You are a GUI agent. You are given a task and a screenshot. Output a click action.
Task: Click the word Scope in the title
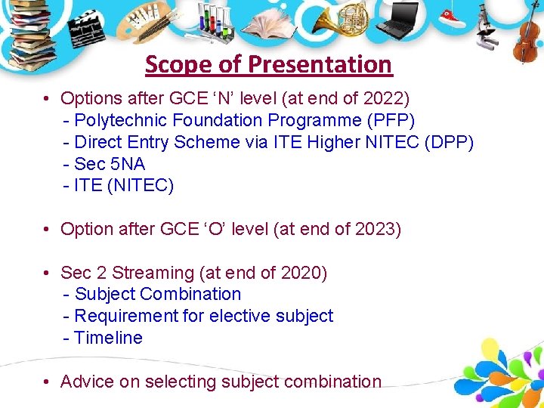[x=178, y=65]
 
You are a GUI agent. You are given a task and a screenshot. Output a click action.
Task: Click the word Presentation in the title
[x=320, y=64]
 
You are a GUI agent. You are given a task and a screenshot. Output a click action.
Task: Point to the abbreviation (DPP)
[x=449, y=142]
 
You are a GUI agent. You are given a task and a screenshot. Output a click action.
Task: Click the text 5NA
[x=128, y=164]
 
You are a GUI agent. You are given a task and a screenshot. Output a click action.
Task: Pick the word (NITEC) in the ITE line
[x=141, y=186]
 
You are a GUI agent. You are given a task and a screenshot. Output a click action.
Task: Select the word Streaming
[x=153, y=274]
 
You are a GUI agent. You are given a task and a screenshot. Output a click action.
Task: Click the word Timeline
[x=108, y=338]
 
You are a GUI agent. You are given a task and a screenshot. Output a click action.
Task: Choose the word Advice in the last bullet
[x=87, y=382]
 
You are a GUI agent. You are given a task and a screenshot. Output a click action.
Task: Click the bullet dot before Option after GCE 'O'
[x=46, y=229]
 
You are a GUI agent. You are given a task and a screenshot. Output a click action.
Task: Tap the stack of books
[x=31, y=35]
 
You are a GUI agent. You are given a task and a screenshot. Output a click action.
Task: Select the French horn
[x=342, y=19]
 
